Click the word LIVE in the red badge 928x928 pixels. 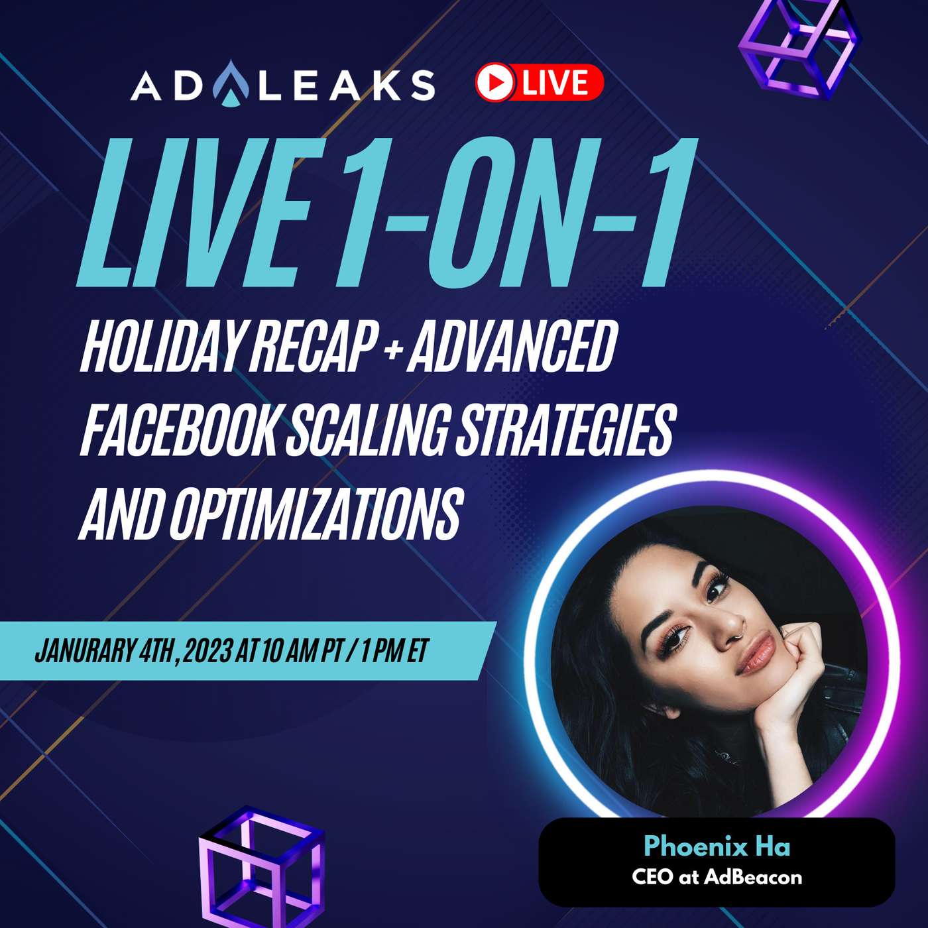point(555,82)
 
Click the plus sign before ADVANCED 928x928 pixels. point(393,349)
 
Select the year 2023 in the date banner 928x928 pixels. point(206,652)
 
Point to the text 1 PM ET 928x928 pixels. point(395,652)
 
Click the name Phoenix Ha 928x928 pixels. point(717,846)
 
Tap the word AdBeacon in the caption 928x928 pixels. point(753,877)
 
